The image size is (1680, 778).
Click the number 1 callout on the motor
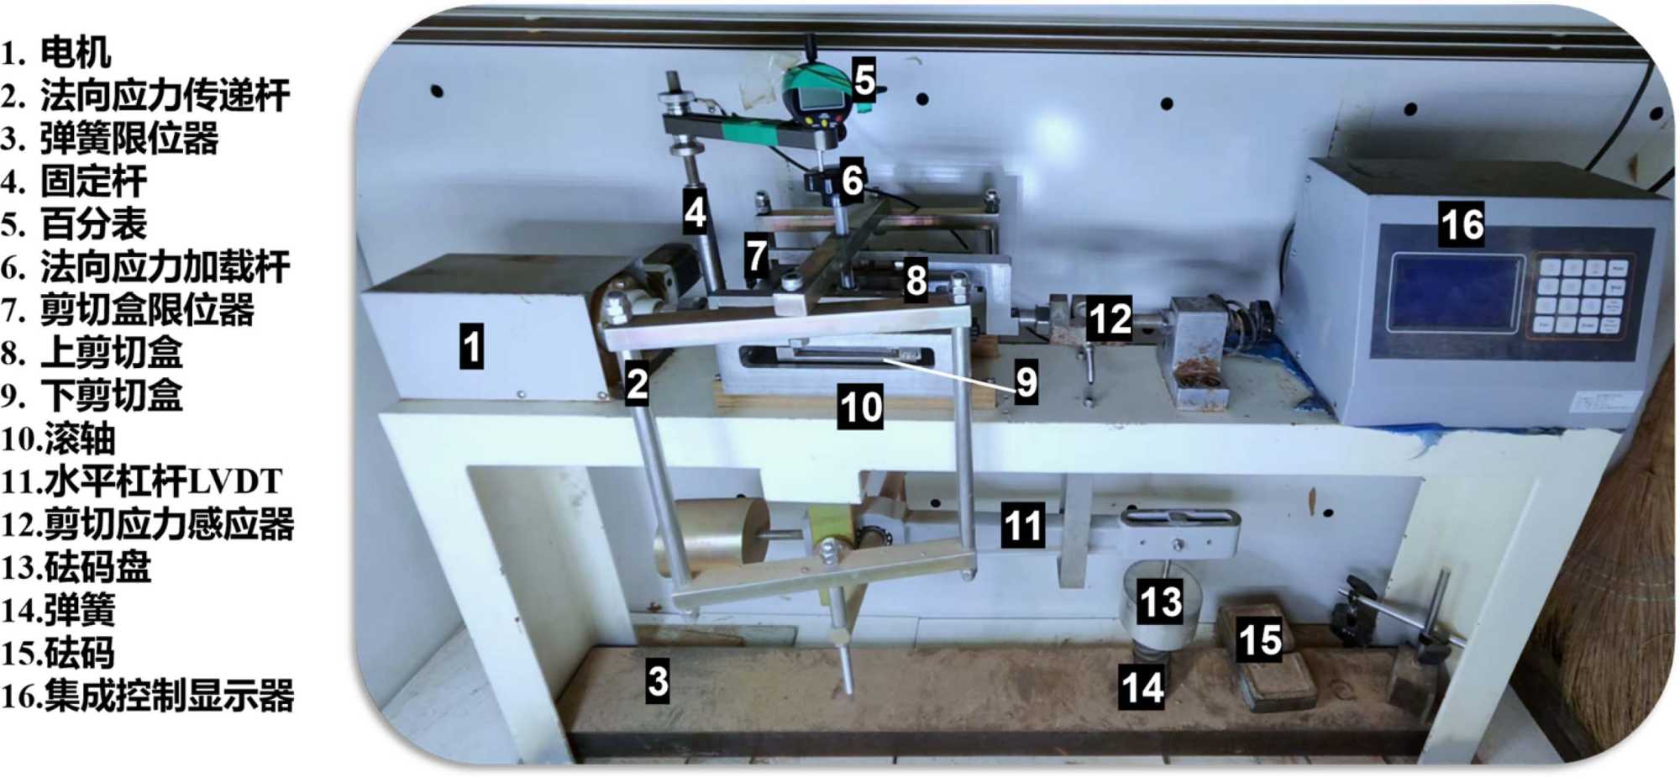(472, 346)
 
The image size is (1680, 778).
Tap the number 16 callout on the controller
(1462, 223)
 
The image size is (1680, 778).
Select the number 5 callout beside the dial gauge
(864, 80)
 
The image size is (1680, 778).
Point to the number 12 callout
(1110, 318)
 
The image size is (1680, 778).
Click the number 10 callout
(860, 407)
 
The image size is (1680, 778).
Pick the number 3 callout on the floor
(658, 681)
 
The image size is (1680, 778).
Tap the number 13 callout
(1161, 602)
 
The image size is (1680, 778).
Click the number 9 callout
(1026, 382)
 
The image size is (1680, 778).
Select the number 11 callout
(1023, 526)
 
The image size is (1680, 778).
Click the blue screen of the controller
(1454, 293)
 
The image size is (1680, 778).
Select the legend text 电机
(76, 53)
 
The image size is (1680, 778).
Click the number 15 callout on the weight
(1260, 639)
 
